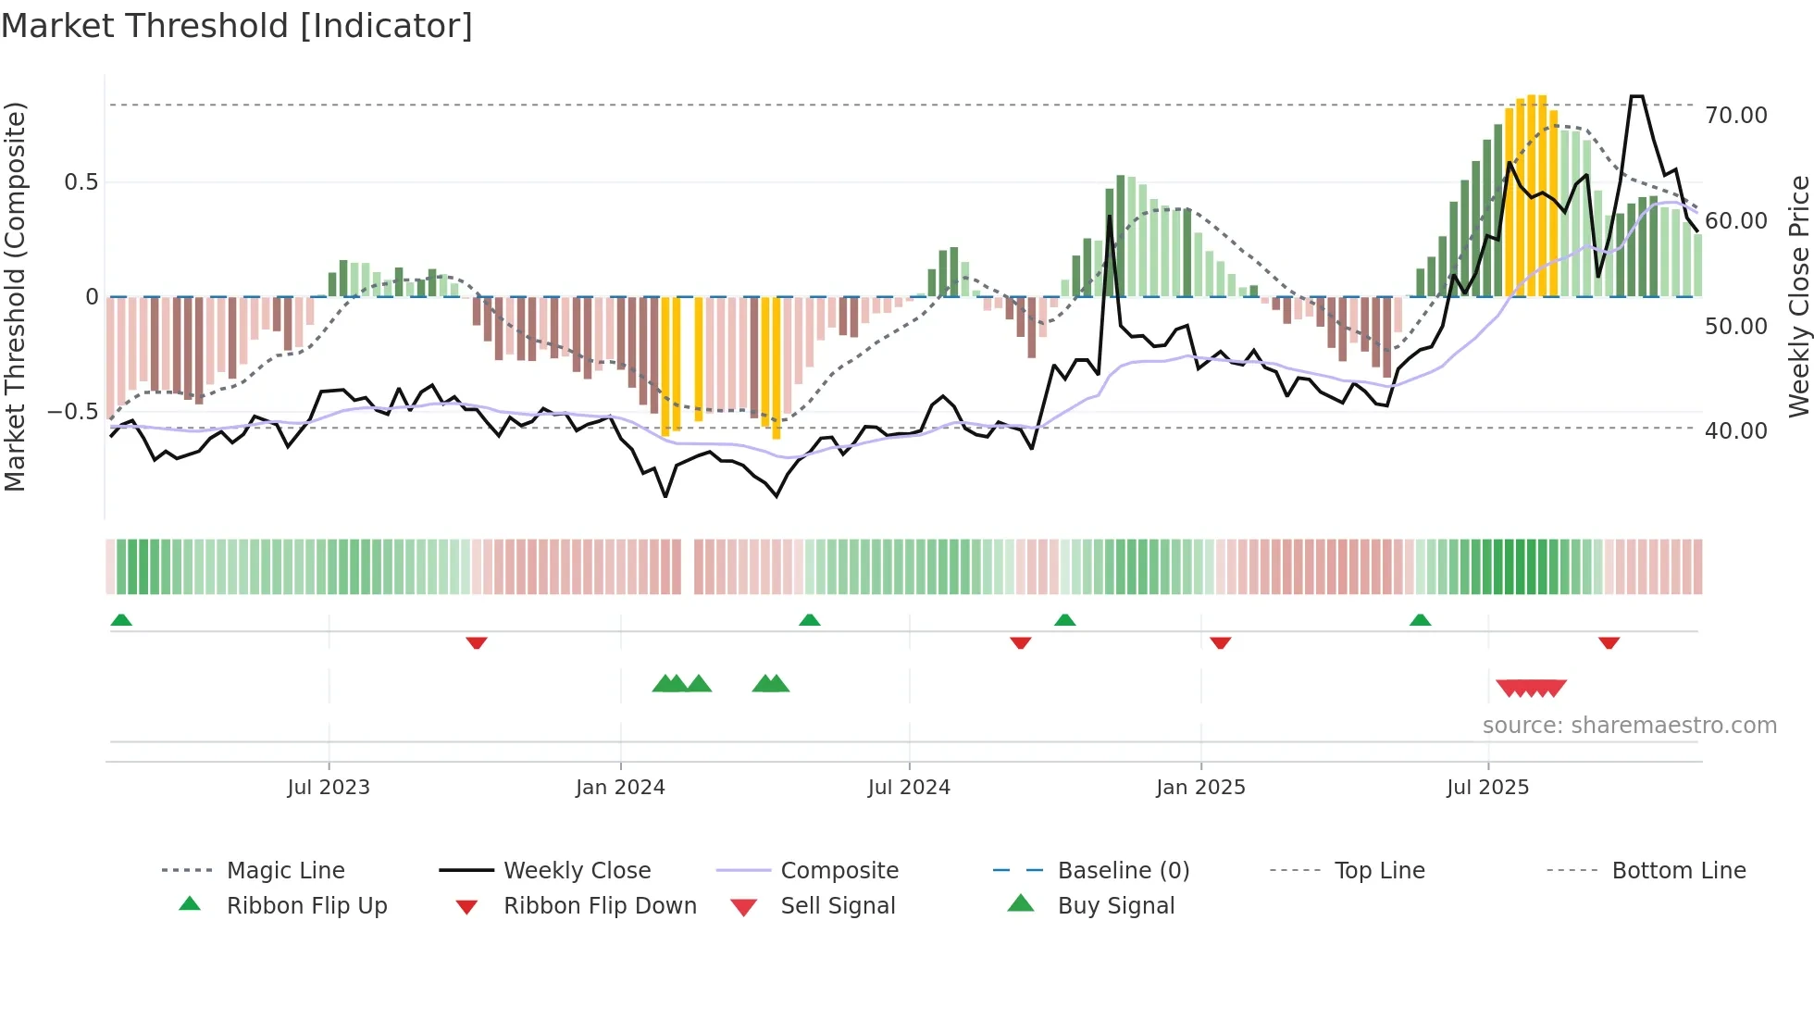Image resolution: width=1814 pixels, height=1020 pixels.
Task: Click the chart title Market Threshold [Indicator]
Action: click(237, 26)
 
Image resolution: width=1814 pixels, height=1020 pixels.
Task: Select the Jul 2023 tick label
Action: click(329, 788)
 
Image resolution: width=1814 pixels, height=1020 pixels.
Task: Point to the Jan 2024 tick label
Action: click(620, 788)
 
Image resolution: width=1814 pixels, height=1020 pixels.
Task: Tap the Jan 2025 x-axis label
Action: click(1200, 788)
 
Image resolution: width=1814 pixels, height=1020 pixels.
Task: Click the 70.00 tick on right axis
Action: click(1735, 116)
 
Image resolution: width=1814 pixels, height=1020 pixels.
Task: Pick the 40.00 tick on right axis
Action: click(1735, 431)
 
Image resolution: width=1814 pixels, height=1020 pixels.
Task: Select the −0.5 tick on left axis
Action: click(73, 412)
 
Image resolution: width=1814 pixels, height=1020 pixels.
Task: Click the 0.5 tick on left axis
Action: click(81, 182)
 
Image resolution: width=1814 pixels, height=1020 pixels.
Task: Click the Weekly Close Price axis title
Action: click(1798, 296)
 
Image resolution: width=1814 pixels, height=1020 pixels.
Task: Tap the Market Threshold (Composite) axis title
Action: click(15, 296)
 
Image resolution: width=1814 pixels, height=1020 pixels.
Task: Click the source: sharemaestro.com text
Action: click(1629, 726)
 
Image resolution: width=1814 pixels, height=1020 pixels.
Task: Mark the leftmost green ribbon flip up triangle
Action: click(121, 620)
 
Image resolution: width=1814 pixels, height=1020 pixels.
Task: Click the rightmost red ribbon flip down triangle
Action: click(1609, 642)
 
